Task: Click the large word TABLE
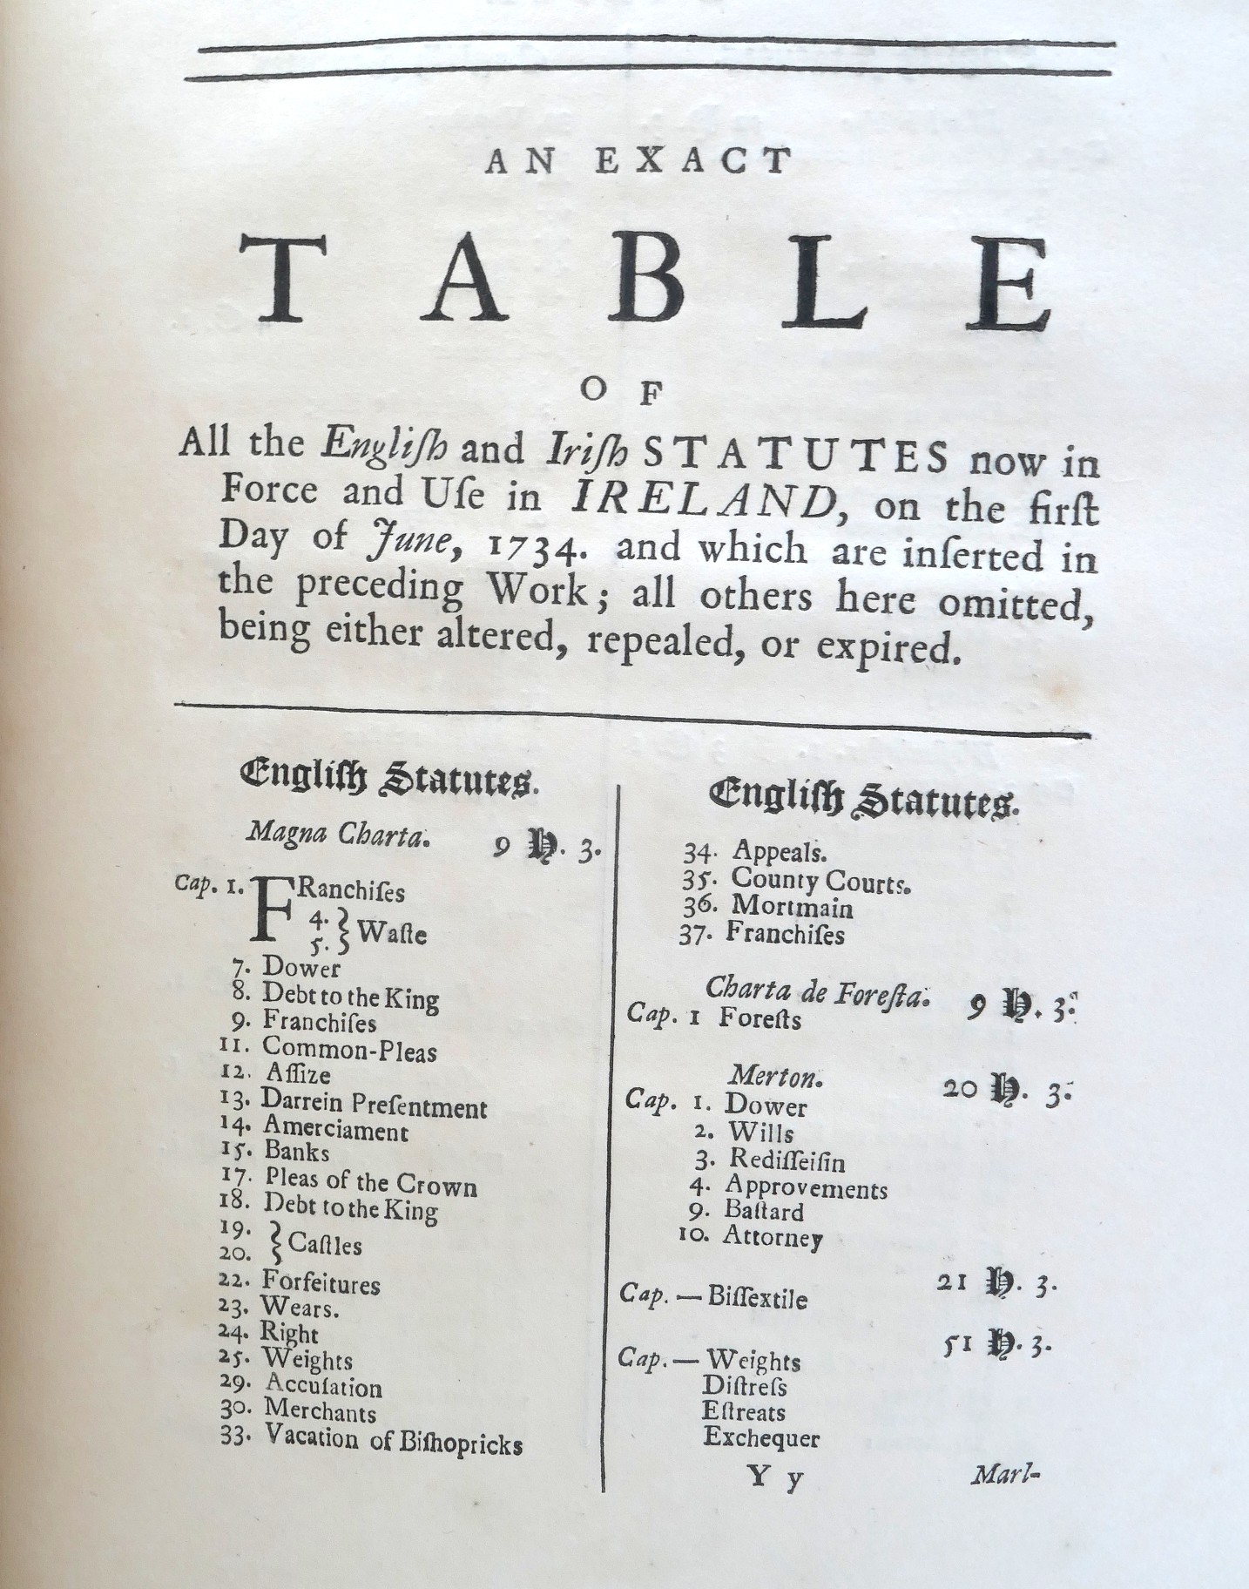tap(645, 280)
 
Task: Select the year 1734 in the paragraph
tap(530, 546)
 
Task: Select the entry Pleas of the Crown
tap(371, 1183)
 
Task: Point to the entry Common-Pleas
tap(349, 1050)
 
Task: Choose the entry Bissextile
tap(757, 1298)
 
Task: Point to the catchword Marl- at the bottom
tap(1007, 1476)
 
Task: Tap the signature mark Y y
tap(774, 1477)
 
